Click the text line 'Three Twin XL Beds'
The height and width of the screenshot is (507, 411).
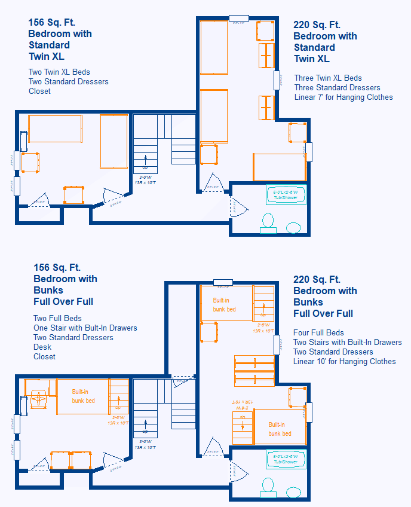[x=328, y=78]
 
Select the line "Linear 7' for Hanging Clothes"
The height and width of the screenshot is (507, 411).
[x=343, y=97]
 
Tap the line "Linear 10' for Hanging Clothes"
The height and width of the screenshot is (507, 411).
[x=344, y=362]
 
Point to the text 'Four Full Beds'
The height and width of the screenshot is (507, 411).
[x=318, y=333]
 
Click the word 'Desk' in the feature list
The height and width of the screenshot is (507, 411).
[x=43, y=347]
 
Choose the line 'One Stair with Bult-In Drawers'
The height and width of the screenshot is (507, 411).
[x=85, y=328]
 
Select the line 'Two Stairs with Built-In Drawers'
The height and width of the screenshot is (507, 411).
[x=347, y=343]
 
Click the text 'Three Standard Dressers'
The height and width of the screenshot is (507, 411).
[x=337, y=88]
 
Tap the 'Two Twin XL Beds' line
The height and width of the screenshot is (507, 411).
[x=59, y=72]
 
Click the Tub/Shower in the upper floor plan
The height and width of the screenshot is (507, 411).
[x=286, y=195]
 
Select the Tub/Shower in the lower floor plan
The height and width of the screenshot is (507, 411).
[x=286, y=459]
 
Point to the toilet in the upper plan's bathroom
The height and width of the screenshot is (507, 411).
[x=268, y=222]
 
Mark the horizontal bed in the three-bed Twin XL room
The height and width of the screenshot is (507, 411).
[x=279, y=167]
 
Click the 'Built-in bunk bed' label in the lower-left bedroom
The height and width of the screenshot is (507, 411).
[x=84, y=396]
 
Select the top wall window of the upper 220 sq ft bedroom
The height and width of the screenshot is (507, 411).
[x=239, y=18]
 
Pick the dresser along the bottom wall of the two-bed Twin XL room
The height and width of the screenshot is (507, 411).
[x=74, y=195]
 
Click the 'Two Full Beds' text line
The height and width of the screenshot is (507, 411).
[x=57, y=319]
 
